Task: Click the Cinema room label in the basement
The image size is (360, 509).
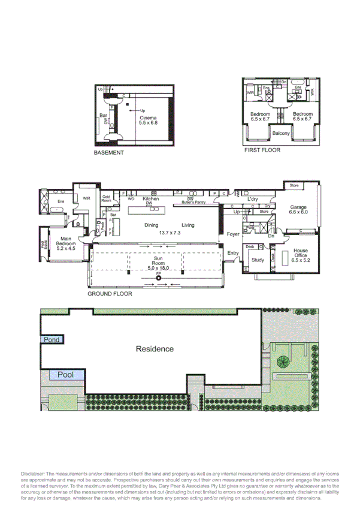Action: (x=148, y=118)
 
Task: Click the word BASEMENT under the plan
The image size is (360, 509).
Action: (x=108, y=153)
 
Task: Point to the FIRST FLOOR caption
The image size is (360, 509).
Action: (x=262, y=150)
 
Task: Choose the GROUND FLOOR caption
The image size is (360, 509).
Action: (x=110, y=294)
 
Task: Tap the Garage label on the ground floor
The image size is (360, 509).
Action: (x=298, y=207)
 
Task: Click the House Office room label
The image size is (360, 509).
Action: (x=300, y=254)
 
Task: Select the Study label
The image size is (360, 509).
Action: (x=258, y=260)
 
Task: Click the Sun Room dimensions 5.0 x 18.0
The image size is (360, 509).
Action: (x=159, y=267)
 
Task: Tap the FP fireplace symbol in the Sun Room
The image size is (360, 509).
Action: (x=158, y=277)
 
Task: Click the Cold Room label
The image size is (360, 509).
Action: (x=107, y=198)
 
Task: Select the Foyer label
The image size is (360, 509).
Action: (x=233, y=234)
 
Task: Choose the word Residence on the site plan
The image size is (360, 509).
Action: (x=155, y=348)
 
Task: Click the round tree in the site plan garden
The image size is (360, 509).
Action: (x=282, y=362)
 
